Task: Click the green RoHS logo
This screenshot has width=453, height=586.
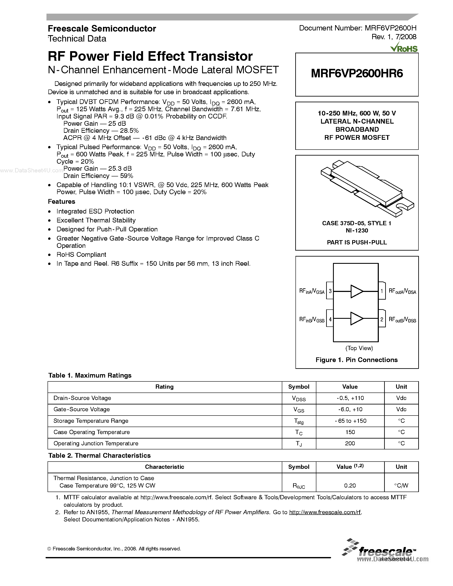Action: coord(404,48)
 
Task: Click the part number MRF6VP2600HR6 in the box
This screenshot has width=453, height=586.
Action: coord(357,73)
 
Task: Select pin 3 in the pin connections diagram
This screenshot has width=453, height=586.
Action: coord(330,291)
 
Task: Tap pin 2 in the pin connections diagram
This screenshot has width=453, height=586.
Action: coord(382,319)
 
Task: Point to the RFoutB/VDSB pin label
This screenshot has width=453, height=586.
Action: coord(402,320)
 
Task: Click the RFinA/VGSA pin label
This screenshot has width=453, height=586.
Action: coord(312,291)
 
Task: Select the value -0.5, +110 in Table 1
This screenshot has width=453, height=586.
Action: coord(350,398)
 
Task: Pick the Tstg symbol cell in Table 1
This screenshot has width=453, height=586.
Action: coord(299,421)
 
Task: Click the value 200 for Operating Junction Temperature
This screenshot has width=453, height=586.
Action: coord(350,443)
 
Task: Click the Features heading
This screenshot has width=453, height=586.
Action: coord(61,202)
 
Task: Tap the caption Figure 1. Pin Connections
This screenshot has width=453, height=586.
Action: coord(356,360)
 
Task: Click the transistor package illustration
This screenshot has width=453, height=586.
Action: coord(367,188)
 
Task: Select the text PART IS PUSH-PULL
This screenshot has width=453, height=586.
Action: coord(357,242)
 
